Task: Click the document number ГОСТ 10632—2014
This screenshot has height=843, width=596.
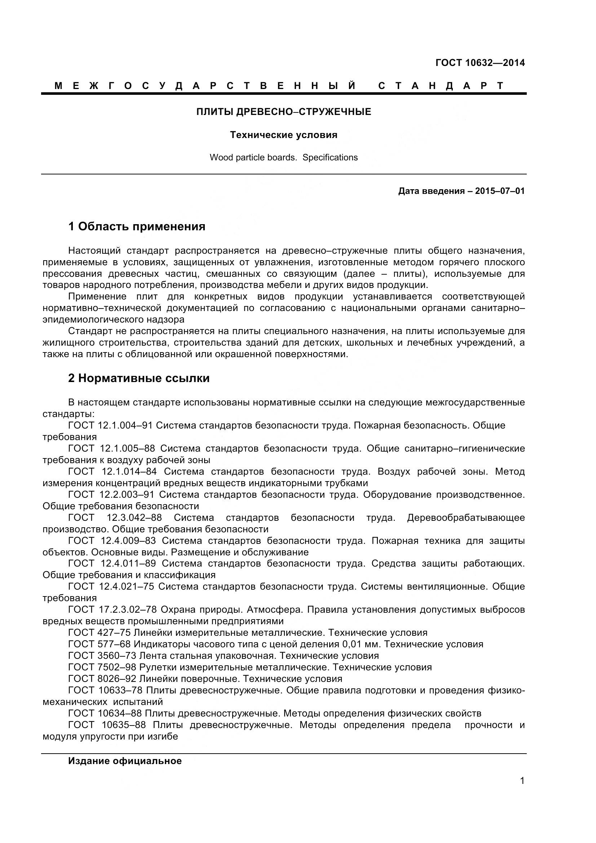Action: (480, 63)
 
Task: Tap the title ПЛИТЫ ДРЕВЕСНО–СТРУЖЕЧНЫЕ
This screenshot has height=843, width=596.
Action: (283, 112)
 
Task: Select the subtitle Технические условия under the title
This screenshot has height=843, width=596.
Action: (283, 135)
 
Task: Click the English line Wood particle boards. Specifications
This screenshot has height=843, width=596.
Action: (283, 157)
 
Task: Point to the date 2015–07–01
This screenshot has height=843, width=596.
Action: (500, 191)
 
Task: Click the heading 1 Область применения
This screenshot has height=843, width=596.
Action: (137, 226)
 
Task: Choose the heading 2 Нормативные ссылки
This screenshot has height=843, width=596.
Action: (139, 378)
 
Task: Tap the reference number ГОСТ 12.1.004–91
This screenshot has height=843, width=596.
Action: (110, 425)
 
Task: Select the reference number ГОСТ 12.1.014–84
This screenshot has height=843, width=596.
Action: (112, 471)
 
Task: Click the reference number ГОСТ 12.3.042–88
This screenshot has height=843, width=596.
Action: (115, 518)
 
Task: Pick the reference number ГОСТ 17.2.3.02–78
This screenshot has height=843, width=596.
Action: (112, 609)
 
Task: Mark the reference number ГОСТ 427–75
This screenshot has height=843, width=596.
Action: (99, 633)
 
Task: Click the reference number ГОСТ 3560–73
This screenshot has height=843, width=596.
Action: (102, 655)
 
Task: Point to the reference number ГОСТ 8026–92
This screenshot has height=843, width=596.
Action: (102, 679)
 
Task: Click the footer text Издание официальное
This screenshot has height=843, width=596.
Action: (125, 761)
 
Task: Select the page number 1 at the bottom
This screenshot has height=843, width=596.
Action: (522, 791)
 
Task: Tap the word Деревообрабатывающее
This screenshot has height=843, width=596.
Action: (465, 518)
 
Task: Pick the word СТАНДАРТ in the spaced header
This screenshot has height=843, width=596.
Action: (441, 86)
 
